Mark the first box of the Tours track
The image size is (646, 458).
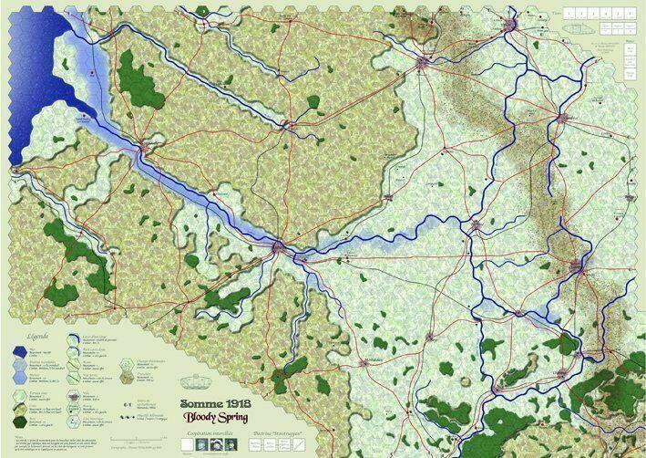tap(570, 15)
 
